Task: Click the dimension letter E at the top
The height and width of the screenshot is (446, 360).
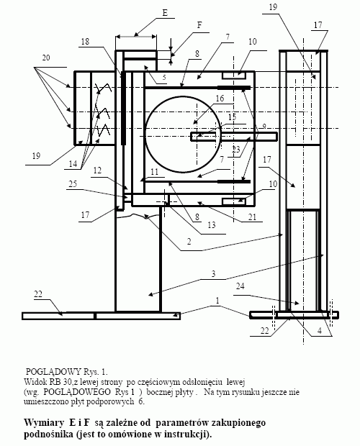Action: click(165, 13)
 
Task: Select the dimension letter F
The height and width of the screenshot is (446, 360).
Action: click(199, 25)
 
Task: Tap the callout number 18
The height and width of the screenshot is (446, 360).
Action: click(85, 42)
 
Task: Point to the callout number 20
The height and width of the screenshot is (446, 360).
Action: click(46, 58)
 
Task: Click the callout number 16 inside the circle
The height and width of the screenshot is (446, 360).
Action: click(220, 99)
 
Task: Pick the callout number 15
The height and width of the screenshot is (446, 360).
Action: click(233, 117)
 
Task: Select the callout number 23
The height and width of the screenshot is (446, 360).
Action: click(236, 149)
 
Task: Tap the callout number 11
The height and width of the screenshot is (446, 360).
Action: click(154, 172)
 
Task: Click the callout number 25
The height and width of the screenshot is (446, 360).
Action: click(73, 183)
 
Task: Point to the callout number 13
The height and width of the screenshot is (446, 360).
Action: click(212, 225)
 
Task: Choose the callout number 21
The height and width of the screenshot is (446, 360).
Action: click(253, 217)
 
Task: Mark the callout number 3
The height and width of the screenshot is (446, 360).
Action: click(213, 274)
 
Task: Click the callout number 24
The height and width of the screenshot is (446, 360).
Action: click(240, 286)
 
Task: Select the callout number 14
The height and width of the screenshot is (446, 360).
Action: click(73, 164)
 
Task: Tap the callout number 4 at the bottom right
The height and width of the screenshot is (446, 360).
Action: click(320, 330)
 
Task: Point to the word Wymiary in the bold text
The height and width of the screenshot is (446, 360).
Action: click(44, 423)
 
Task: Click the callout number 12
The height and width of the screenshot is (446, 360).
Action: click(97, 170)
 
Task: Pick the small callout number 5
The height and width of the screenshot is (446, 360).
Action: click(164, 78)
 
